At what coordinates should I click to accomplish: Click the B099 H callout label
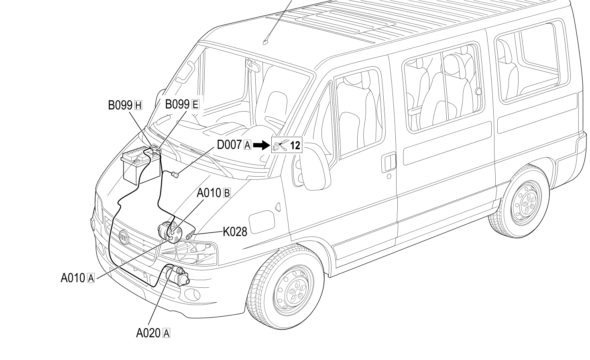pos(125,105)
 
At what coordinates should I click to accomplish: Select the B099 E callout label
pos(182,104)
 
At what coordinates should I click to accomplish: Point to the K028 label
pos(235,232)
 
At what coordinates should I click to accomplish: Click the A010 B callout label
pos(214,193)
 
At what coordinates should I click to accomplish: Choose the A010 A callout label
pos(77,278)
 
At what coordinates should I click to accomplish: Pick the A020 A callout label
pos(153,333)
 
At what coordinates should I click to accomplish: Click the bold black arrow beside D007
pos(262,145)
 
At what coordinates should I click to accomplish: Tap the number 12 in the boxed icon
pos(295,145)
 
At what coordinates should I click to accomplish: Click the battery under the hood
pos(140,165)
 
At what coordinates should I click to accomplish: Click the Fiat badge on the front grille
pos(124,237)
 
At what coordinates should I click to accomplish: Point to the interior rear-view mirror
pos(252,65)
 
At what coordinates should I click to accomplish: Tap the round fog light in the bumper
pos(192,294)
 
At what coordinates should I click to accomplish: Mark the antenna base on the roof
pos(266,42)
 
